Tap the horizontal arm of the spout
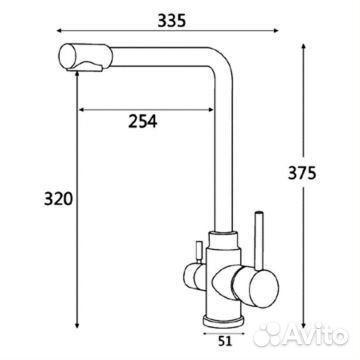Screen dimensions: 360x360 [150, 52]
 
